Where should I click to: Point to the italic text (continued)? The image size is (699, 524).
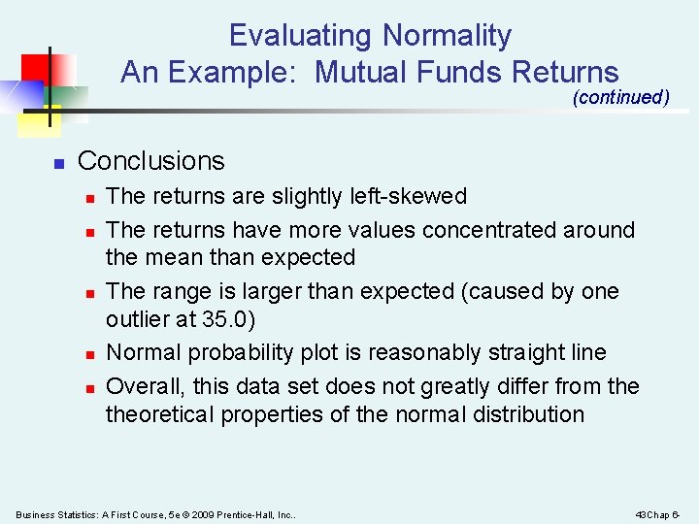621,97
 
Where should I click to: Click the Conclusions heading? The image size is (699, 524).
150,161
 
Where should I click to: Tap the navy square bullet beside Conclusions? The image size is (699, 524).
57,163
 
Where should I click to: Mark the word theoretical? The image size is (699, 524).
160,414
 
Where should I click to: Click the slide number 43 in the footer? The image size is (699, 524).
640,513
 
